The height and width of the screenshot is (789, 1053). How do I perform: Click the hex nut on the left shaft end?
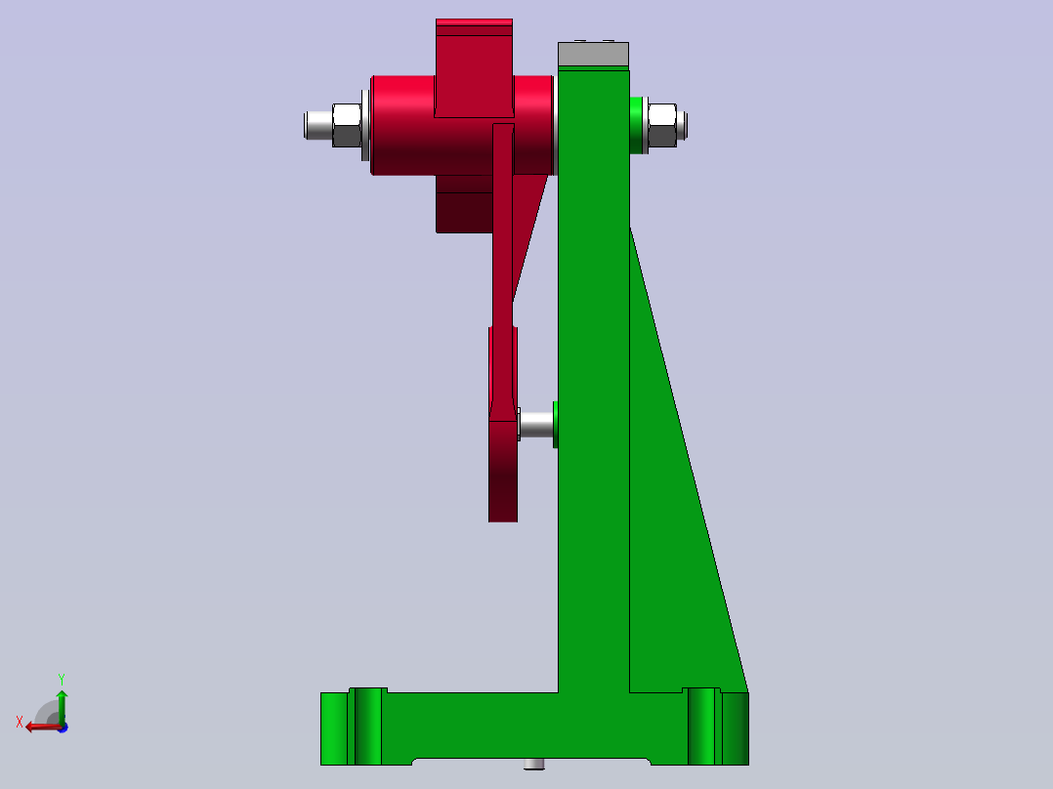tap(347, 125)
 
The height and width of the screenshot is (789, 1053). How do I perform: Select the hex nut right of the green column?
tap(662, 125)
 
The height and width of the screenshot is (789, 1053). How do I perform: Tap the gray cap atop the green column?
tap(593, 56)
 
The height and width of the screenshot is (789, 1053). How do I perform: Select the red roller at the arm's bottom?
tap(502, 469)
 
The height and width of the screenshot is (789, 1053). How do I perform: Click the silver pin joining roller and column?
tap(535, 424)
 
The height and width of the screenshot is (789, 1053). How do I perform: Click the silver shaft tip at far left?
tap(316, 125)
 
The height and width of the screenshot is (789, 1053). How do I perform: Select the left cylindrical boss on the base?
tap(365, 727)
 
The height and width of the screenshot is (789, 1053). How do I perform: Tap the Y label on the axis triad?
tap(61, 678)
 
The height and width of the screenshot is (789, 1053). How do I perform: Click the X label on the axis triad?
tap(19, 722)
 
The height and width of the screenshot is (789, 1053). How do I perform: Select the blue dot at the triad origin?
tap(62, 727)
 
